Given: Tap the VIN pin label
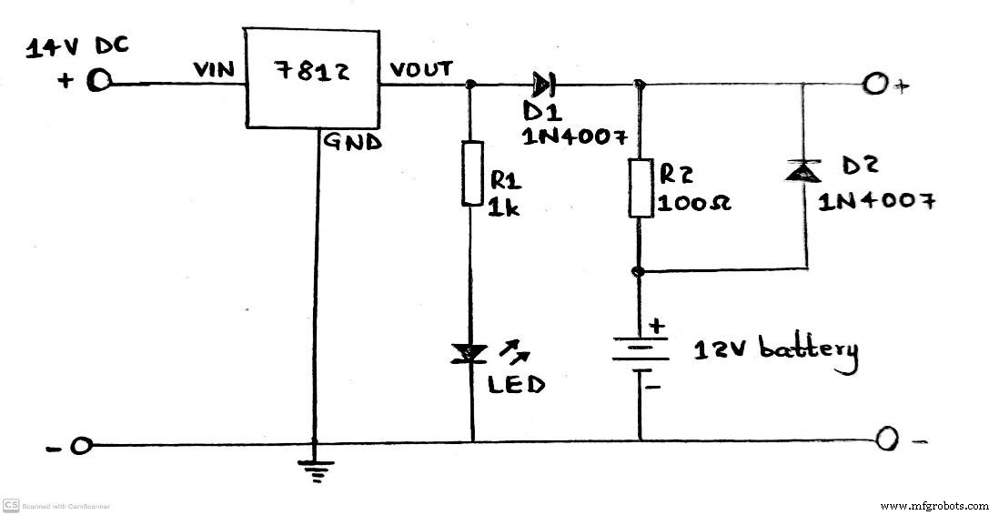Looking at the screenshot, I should pos(213,70).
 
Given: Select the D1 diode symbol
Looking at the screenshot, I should pos(542,85).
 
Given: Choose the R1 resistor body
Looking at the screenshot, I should pos(472,173).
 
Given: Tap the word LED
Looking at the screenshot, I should pos(517,384).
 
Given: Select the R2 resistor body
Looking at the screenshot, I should pos(641,187).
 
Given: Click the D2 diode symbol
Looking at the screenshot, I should pos(805,169).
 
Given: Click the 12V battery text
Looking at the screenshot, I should pos(775,351).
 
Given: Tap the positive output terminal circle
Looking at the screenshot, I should pos(874,85).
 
